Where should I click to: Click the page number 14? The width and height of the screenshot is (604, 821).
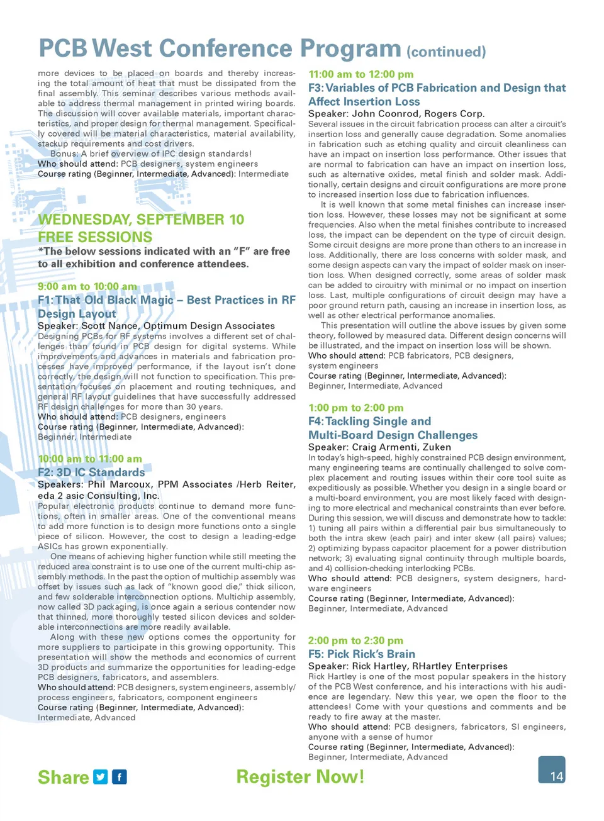click(556, 776)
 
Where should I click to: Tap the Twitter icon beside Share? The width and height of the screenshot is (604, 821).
click(101, 777)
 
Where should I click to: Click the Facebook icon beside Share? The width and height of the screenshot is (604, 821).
click(120, 777)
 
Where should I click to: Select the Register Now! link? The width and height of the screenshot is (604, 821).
click(300, 777)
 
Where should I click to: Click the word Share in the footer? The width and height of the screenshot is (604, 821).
click(63, 778)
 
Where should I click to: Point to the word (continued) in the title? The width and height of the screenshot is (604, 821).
click(446, 52)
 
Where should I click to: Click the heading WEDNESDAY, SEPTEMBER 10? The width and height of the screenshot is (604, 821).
click(141, 220)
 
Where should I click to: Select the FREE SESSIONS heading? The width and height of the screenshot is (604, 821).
click(95, 237)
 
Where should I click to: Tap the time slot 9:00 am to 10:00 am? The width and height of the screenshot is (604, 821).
click(87, 287)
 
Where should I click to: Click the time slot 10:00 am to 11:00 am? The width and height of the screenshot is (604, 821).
click(90, 459)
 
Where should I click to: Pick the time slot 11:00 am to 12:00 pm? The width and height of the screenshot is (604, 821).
click(361, 74)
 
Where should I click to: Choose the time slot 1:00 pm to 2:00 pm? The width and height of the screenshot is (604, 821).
click(356, 408)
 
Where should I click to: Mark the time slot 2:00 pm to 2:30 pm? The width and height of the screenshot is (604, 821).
click(355, 640)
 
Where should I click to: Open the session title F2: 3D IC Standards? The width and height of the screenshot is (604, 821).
click(91, 472)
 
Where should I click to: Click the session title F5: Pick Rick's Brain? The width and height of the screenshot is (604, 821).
click(362, 654)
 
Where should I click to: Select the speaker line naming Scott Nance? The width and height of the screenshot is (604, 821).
click(156, 326)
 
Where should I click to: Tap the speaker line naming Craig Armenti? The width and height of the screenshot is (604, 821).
click(379, 447)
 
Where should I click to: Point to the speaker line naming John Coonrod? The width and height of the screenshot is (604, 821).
click(396, 114)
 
